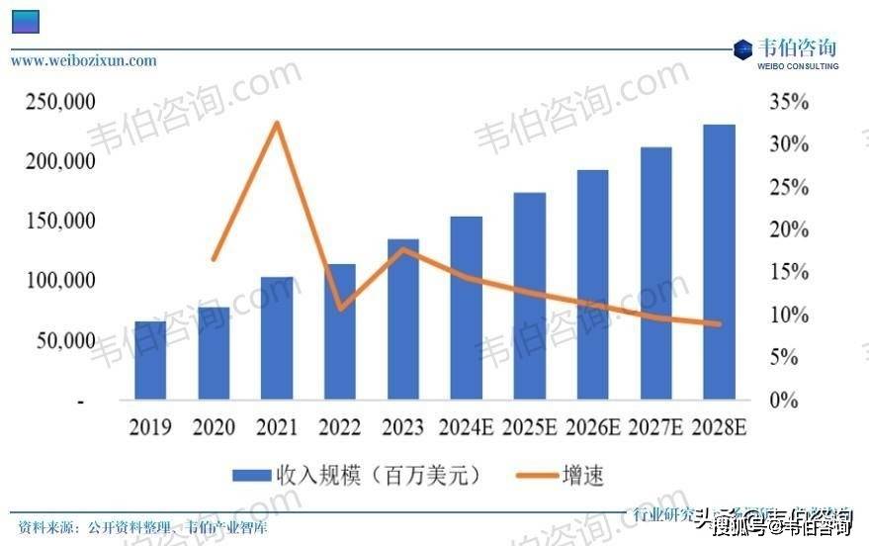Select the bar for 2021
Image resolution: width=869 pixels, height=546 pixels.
click(x=277, y=338)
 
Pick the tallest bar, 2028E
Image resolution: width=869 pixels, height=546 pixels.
click(x=719, y=262)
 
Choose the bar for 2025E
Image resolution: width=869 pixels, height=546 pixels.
click(x=530, y=296)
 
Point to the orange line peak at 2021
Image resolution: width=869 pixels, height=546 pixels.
click(x=277, y=123)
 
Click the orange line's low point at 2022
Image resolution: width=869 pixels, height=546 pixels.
click(x=340, y=309)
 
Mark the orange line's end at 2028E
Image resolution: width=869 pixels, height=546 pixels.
click(x=719, y=323)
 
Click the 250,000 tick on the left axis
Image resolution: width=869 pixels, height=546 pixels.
click(x=61, y=103)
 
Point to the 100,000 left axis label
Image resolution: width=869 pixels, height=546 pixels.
click(x=61, y=281)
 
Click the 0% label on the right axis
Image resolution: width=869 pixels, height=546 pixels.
click(x=784, y=401)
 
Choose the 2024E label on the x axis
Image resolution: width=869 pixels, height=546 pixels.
click(x=466, y=428)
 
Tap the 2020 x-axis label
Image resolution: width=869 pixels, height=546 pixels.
click(x=214, y=428)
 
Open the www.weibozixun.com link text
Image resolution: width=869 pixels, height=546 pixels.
click(x=84, y=60)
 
